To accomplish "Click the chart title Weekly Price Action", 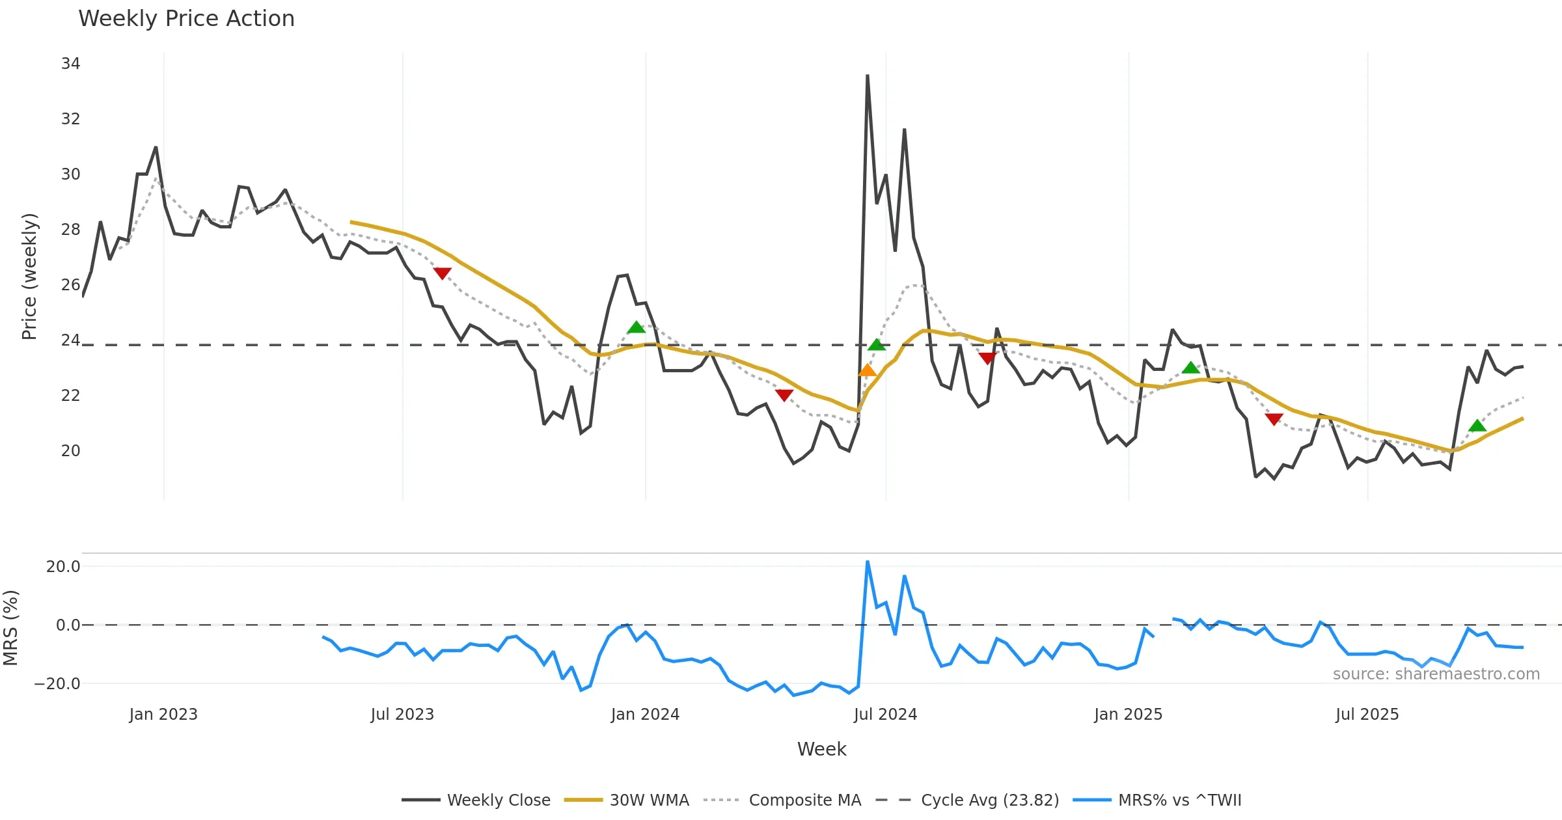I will (186, 19).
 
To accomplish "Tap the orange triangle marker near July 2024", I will (867, 370).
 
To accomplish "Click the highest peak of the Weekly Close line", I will (868, 76).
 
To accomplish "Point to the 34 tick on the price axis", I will (70, 64).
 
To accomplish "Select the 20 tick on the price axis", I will (70, 451).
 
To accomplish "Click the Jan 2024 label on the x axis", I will (645, 715).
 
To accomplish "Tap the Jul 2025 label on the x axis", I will (1367, 715).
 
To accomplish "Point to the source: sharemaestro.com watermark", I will (1436, 674).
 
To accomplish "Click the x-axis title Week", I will (821, 750).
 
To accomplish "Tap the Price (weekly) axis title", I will (29, 277).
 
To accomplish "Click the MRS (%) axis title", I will (10, 628).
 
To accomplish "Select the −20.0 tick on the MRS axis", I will (57, 684).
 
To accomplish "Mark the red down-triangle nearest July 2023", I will (442, 273).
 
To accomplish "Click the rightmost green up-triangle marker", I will (1477, 426).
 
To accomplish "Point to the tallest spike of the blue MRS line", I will (868, 562).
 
